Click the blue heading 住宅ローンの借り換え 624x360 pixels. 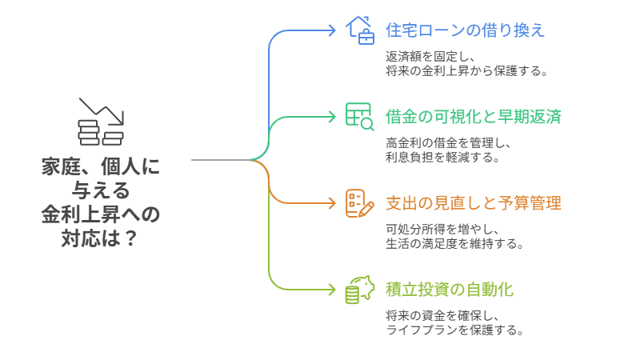pos(465,31)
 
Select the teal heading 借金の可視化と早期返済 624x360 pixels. pos(473,117)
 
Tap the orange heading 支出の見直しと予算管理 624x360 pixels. pos(473,202)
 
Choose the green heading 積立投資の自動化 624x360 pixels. pos(449,289)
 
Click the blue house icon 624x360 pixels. pos(359,30)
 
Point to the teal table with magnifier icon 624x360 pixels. pos(359,116)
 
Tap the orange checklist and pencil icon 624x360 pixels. pos(359,202)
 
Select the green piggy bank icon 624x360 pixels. pos(359,289)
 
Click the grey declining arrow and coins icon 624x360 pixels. pos(101,122)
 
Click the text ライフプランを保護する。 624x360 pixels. pos(454,330)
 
